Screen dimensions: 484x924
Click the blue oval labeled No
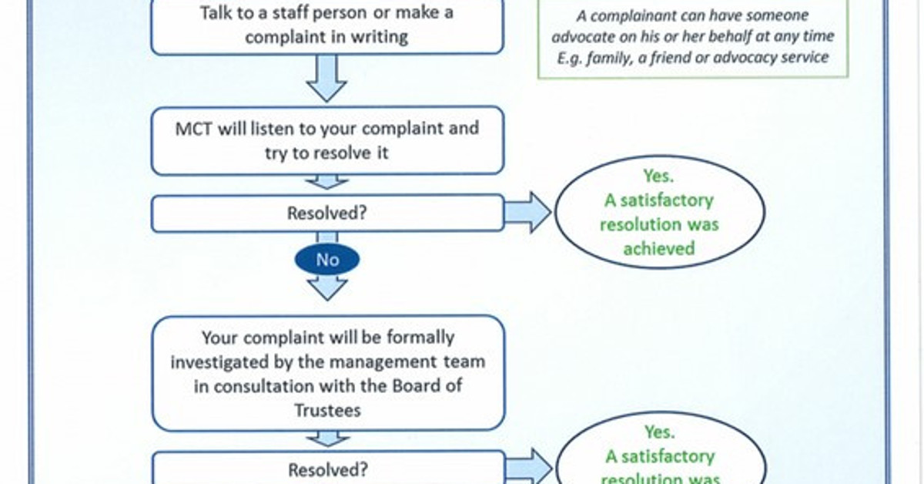click(327, 260)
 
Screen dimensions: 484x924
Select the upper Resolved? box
click(327, 213)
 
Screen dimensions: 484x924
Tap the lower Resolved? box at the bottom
click(327, 469)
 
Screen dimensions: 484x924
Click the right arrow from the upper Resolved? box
click(527, 213)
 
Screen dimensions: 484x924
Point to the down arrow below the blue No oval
click(327, 288)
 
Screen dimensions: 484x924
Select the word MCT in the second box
click(194, 129)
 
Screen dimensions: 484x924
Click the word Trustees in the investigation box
click(327, 411)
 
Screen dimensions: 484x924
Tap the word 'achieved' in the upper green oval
click(658, 248)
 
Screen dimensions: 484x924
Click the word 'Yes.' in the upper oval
click(658, 176)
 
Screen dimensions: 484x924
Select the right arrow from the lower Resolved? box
click(527, 468)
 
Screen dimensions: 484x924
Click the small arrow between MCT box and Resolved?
click(327, 183)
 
